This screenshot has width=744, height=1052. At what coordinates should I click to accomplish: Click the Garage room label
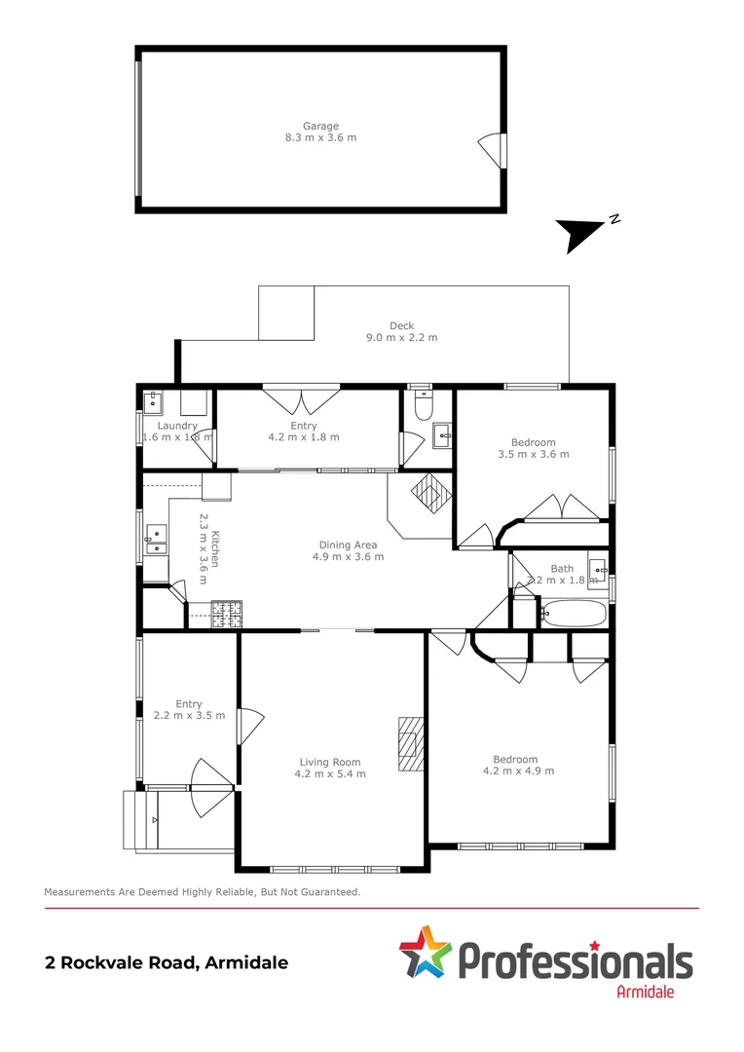coord(320,126)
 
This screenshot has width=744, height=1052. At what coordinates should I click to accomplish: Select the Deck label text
coord(401,326)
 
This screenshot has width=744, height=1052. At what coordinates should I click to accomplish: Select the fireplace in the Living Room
coord(411,744)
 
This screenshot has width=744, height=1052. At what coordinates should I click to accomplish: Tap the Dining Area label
coord(348,545)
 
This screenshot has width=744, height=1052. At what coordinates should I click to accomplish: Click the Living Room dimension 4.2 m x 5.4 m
coord(330,774)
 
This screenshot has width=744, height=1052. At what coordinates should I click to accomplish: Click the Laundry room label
coord(177,426)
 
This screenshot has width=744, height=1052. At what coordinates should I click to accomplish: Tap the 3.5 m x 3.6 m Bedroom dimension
coord(533,454)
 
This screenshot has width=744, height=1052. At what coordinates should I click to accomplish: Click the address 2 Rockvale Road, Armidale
coord(167,962)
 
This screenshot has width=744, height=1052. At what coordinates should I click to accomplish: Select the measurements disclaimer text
coord(203,891)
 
